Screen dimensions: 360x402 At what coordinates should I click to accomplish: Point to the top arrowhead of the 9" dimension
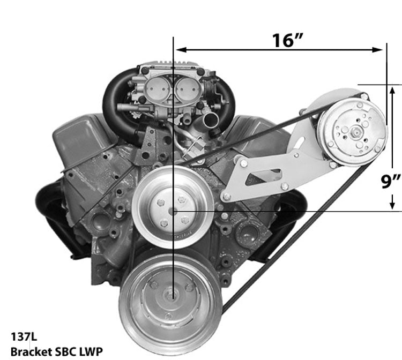click(393, 89)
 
